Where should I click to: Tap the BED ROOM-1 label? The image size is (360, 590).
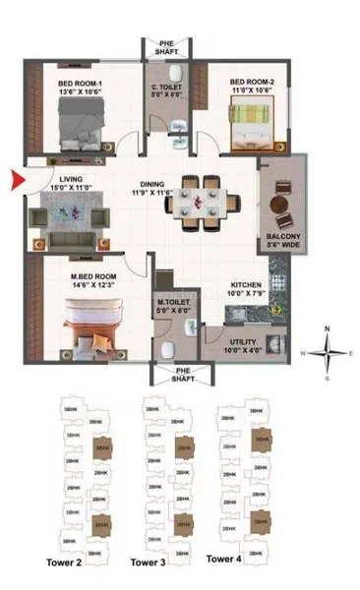tap(80, 87)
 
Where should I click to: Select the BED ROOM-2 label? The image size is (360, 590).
tap(252, 83)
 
